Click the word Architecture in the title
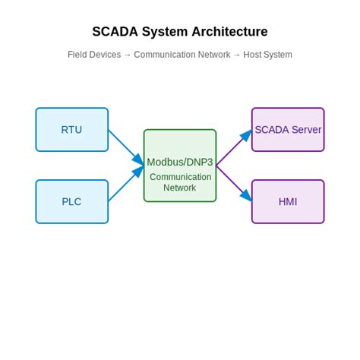229,32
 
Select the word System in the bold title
164,32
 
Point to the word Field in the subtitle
77,55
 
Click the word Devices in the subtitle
106,55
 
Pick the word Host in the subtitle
252,55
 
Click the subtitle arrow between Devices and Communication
128,55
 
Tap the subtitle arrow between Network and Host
237,55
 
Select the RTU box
72,130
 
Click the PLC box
72,202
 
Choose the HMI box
288,202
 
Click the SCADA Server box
288,130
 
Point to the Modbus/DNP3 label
180,162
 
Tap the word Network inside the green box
180,188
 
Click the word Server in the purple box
305,130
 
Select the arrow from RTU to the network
126,147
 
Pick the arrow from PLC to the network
126,184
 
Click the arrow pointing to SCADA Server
234,147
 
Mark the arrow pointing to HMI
234,184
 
